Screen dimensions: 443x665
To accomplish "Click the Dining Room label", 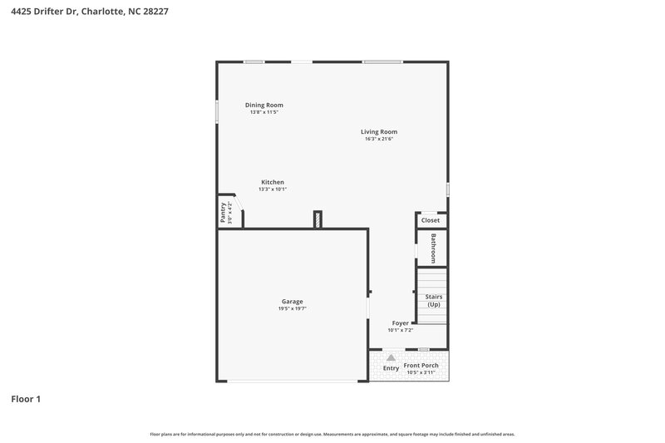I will tap(264, 106).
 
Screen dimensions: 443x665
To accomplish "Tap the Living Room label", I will tap(378, 131).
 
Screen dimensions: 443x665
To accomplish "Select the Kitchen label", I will tap(273, 182).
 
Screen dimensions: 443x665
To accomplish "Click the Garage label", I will tap(292, 302).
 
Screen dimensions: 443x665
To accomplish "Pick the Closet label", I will tap(431, 220).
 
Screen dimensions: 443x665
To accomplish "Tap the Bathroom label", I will tap(433, 248).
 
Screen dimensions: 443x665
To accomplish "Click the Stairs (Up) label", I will tap(433, 300).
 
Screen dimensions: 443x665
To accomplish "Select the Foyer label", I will tap(401, 322).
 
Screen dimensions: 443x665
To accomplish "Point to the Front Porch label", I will tap(421, 366).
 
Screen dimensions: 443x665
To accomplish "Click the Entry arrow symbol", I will tap(391, 357).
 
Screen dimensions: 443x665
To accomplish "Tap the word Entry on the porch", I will tap(391, 368).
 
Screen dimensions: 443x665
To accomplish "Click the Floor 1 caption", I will tap(26, 399).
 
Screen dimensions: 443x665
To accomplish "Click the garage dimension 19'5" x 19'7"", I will tap(292, 309).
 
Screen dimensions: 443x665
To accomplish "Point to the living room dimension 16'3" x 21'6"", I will tap(378, 139).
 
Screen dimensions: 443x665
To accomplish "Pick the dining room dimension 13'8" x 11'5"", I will tap(264, 112).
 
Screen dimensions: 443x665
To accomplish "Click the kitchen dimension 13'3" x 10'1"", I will tap(273, 190).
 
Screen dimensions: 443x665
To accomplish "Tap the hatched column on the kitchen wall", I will tap(318, 219).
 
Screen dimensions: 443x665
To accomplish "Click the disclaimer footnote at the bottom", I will tap(332, 434).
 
